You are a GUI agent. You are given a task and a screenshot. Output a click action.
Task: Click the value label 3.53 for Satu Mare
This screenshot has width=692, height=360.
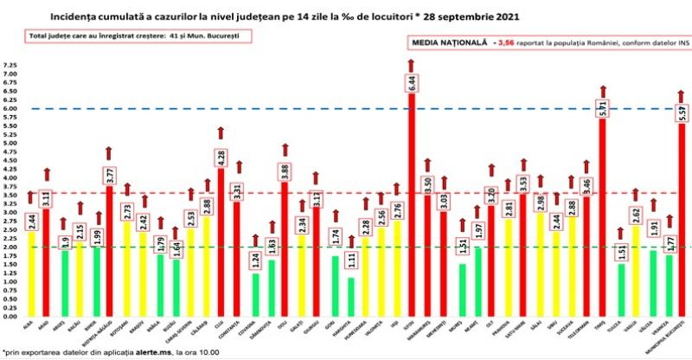pos(522,185)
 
